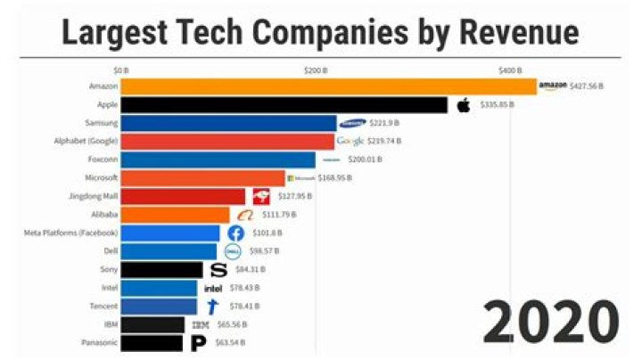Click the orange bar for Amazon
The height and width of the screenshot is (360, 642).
pos(328,86)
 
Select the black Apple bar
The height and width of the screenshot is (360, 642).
pos(284,105)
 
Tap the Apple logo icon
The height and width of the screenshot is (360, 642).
pos(463,105)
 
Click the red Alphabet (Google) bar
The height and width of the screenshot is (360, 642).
pos(227,142)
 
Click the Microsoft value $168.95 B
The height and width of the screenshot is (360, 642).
pos(334,178)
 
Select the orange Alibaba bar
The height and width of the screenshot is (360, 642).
pos(175,215)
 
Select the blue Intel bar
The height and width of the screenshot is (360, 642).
pos(159,288)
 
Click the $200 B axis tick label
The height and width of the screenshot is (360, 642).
pos(315,70)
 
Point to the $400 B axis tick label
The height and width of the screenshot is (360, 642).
pos(509,70)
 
